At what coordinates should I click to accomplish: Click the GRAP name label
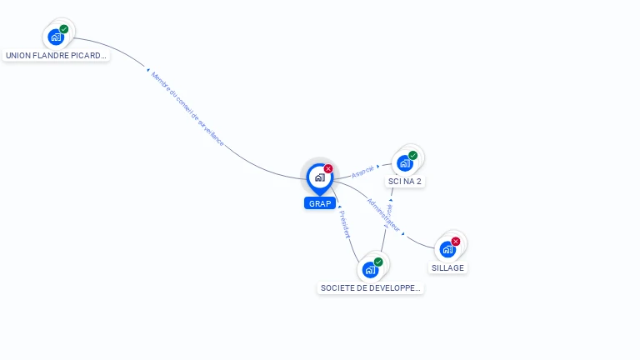point(320,203)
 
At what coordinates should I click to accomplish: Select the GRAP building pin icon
point(319,177)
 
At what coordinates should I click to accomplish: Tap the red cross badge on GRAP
point(328,169)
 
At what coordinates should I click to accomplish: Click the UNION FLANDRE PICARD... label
point(57,56)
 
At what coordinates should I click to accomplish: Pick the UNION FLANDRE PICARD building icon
point(56,37)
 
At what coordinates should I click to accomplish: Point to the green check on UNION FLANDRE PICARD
point(64,29)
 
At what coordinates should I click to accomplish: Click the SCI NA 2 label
point(406,181)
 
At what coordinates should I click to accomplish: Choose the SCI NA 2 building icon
point(405,163)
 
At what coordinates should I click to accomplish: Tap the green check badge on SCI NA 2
point(413,155)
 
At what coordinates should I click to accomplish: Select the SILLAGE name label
point(448,267)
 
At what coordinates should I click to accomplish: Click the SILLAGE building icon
point(447,249)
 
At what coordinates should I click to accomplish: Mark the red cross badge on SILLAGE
point(456,242)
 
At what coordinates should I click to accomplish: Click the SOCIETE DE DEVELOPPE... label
point(371,288)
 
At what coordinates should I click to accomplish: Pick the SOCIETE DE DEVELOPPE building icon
point(370,270)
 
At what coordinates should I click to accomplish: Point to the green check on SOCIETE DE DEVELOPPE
point(378,262)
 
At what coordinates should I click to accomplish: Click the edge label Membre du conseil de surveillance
point(187,109)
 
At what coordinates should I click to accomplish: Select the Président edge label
point(344,224)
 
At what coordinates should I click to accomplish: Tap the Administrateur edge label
point(383,214)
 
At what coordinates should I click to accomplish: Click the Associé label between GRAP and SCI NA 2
point(362,172)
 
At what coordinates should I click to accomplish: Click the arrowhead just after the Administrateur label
point(403,234)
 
